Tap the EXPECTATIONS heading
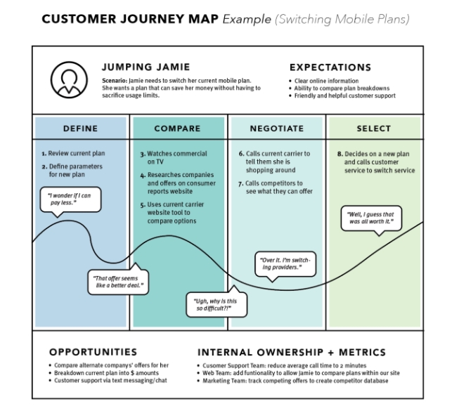[330, 68]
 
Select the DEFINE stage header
[80, 129]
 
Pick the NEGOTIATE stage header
[277, 129]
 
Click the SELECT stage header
[375, 129]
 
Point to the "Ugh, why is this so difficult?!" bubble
[212, 304]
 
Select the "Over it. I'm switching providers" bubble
[280, 263]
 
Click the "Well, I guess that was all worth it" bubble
[370, 218]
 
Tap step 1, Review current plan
[72, 152]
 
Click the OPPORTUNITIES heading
[93, 351]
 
